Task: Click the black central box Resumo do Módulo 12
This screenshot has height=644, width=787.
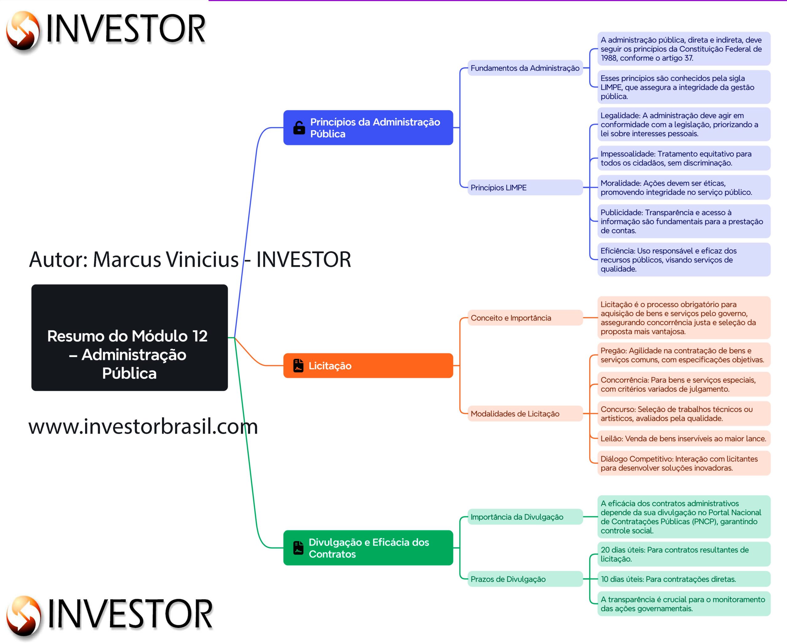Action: [129, 337]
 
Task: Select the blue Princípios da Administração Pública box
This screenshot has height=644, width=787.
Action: [368, 128]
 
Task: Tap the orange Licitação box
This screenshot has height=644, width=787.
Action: [368, 365]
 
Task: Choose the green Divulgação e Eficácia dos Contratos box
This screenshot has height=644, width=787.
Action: [368, 548]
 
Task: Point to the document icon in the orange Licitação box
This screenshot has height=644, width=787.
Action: [298, 365]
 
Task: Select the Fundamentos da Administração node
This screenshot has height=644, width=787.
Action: [524, 68]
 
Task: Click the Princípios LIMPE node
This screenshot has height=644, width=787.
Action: [524, 188]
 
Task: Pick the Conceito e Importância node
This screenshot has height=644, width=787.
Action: [524, 318]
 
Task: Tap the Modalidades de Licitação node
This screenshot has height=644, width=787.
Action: [524, 414]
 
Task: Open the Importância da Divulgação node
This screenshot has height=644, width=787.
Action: [524, 517]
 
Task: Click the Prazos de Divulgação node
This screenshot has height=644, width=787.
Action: [524, 579]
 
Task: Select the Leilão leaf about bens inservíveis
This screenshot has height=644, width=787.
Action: [683, 438]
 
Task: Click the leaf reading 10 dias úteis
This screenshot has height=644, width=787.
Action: [683, 579]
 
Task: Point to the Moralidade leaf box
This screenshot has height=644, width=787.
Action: [683, 188]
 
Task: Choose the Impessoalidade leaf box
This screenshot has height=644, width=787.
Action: [683, 159]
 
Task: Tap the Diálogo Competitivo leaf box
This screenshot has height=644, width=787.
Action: [683, 463]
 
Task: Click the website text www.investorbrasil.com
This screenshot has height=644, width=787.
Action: [143, 426]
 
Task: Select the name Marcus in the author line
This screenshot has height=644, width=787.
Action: [127, 259]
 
